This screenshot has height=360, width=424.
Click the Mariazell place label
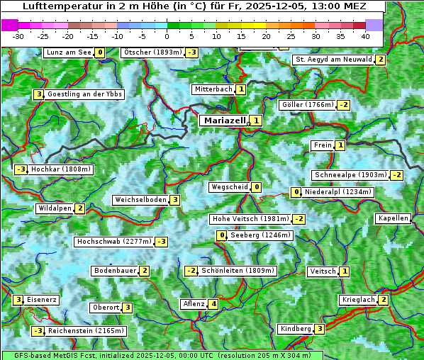[224, 120]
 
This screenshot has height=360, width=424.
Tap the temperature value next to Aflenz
[213, 304]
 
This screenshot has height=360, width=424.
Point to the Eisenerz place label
[42, 300]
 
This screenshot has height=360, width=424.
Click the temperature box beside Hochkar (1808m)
[21, 169]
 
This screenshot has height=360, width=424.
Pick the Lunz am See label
[68, 52]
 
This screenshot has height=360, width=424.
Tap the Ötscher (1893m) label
[152, 52]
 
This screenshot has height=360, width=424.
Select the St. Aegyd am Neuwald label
[333, 60]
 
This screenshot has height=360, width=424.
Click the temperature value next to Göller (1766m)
[343, 105]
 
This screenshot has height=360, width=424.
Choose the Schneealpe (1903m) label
[350, 175]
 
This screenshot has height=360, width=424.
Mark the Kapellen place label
[393, 218]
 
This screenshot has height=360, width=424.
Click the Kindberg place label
[296, 329]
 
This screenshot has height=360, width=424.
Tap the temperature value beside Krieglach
[384, 300]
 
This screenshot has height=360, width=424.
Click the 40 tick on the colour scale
[365, 35]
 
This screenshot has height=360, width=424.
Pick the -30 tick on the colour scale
[18, 35]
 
